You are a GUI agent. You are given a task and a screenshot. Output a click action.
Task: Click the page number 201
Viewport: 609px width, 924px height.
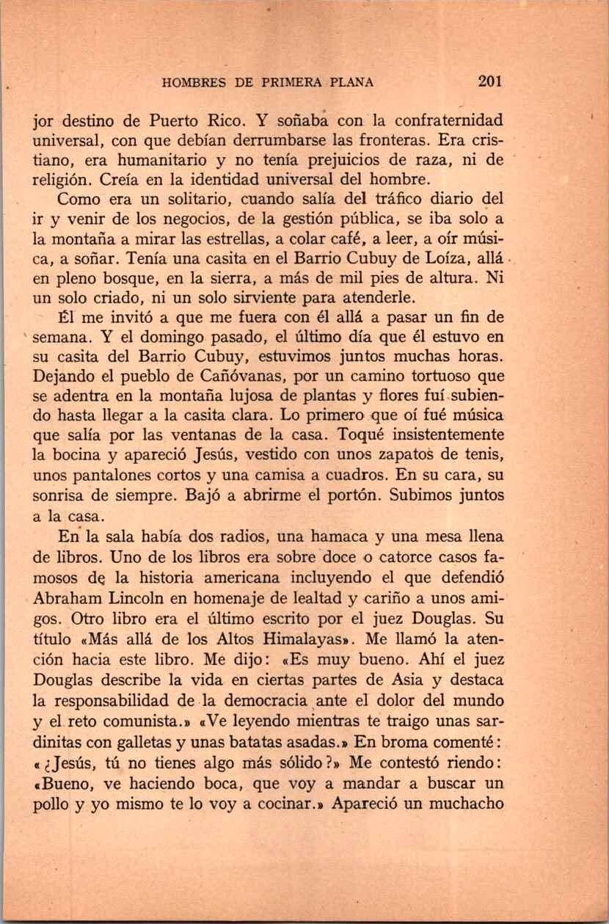[489, 82]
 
